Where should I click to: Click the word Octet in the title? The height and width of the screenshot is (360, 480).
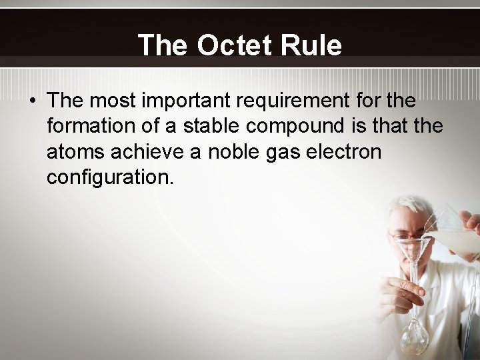[x=235, y=45]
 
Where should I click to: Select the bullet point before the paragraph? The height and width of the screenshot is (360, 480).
[x=32, y=102]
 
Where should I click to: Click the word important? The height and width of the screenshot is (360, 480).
[x=197, y=101]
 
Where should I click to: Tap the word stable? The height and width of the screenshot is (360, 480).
[x=199, y=126]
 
